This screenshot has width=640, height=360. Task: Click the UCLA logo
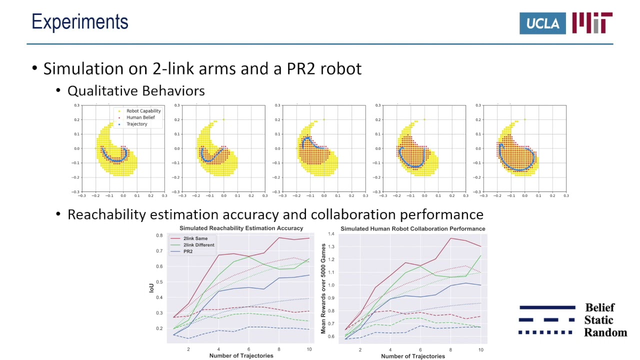coord(542,23)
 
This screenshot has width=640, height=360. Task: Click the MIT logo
coord(592,23)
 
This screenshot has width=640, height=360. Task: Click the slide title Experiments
coord(80,22)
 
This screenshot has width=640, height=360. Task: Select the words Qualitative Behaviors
coord(136,91)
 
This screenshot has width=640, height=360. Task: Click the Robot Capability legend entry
coord(143,111)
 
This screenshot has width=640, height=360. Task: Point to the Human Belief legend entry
coord(140,117)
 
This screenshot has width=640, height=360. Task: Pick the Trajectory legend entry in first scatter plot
coord(136,124)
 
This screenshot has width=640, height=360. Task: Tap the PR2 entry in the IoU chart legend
coord(188,251)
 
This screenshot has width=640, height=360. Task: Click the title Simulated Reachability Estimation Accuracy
coord(241,228)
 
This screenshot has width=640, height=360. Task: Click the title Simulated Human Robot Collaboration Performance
coord(412,228)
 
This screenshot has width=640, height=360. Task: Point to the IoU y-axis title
coord(151,287)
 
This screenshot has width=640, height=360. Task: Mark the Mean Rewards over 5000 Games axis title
coord(323,288)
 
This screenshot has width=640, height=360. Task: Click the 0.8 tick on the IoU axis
coord(159,235)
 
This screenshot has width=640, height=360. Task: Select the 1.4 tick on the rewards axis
coord(330,234)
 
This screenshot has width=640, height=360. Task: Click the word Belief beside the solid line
coord(599,307)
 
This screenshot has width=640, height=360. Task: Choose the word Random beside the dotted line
coord(605,332)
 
